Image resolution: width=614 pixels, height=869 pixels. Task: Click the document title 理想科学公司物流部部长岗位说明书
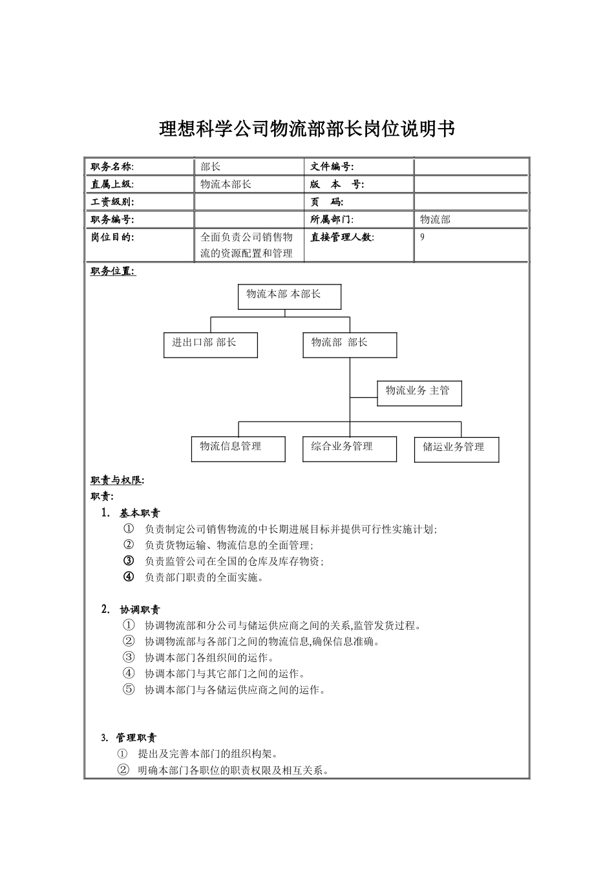click(x=307, y=129)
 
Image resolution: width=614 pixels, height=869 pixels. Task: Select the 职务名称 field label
click(x=112, y=167)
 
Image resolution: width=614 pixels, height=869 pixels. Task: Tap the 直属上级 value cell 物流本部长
click(x=226, y=184)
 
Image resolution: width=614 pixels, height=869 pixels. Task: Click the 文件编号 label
click(x=332, y=167)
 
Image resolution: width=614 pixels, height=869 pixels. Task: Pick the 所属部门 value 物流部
click(x=435, y=219)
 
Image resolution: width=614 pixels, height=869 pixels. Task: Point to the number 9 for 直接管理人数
click(x=423, y=237)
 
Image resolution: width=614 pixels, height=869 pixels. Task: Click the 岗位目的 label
click(x=112, y=237)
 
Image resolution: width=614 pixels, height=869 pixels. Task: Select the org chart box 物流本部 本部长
click(x=289, y=297)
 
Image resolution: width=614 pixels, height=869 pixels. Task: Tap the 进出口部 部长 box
click(x=210, y=345)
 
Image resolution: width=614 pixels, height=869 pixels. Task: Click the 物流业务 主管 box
click(x=419, y=392)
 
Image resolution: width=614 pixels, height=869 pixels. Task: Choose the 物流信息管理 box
click(x=238, y=449)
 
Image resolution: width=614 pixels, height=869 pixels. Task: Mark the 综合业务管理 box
click(x=349, y=449)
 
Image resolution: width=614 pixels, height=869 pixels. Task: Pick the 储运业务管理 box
click(x=456, y=449)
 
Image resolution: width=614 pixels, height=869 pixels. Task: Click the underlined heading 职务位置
click(x=113, y=272)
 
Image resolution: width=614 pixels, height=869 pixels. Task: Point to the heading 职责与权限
click(x=117, y=480)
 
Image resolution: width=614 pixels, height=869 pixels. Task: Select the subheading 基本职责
click(x=140, y=513)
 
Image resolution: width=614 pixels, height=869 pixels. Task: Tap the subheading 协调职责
click(x=140, y=609)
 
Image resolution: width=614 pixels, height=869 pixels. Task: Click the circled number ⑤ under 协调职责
click(x=129, y=689)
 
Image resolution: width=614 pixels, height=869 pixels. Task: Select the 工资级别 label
click(x=112, y=202)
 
